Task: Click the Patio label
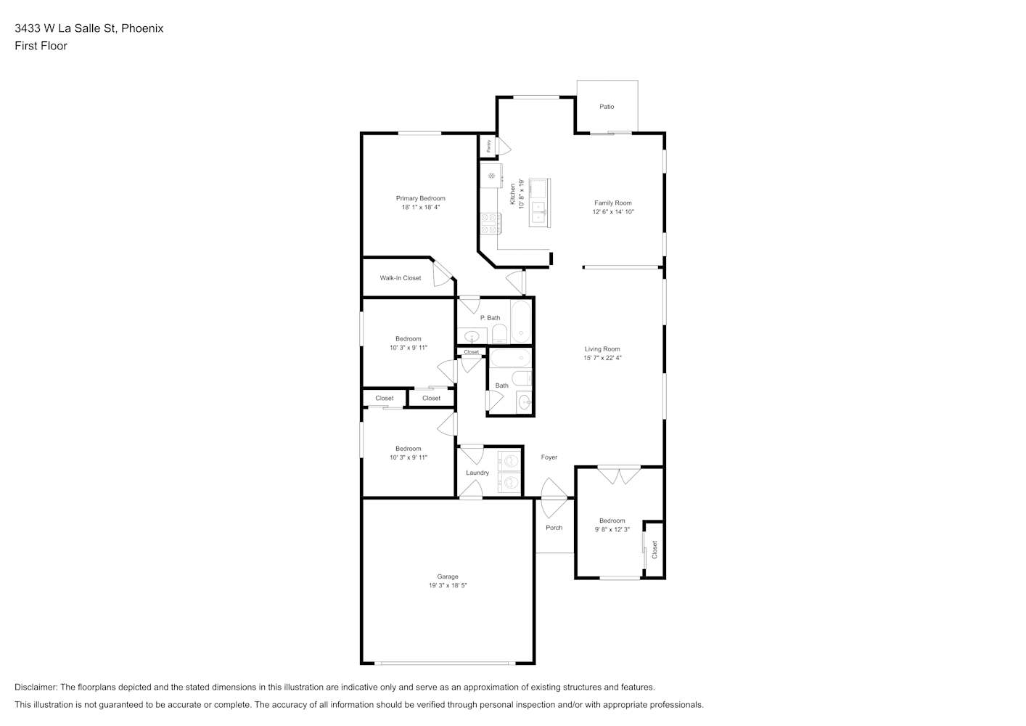pyautogui.click(x=607, y=107)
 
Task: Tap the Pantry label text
pyautogui.click(x=489, y=146)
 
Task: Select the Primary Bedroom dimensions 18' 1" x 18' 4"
pyautogui.click(x=420, y=207)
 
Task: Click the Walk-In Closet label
pyautogui.click(x=401, y=278)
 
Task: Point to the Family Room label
pyautogui.click(x=613, y=203)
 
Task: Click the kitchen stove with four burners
pyautogui.click(x=489, y=223)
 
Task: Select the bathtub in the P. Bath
pyautogui.click(x=521, y=322)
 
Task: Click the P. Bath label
pyautogui.click(x=490, y=318)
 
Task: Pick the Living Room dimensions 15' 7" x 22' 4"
pyautogui.click(x=602, y=358)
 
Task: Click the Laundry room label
pyautogui.click(x=477, y=473)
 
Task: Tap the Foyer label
pyautogui.click(x=549, y=457)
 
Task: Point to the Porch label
pyautogui.click(x=554, y=528)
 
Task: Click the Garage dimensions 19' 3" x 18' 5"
pyautogui.click(x=448, y=585)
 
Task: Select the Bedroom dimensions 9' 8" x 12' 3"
pyautogui.click(x=612, y=529)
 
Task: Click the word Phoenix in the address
pyautogui.click(x=142, y=28)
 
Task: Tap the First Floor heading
pyautogui.click(x=41, y=46)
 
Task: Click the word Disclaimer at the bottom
pyautogui.click(x=36, y=687)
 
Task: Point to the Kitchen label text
pyautogui.click(x=512, y=195)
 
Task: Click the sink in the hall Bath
pyautogui.click(x=524, y=403)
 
